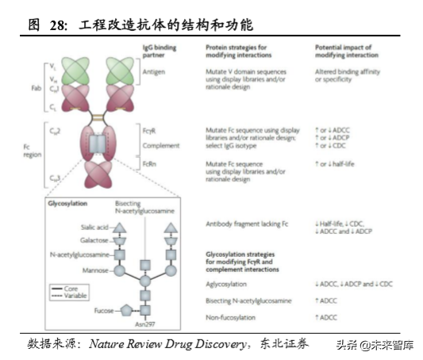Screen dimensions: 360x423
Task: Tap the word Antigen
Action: [x=155, y=71]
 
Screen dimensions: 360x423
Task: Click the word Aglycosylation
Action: [x=227, y=283]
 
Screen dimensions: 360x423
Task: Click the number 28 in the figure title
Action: [x=57, y=25]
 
